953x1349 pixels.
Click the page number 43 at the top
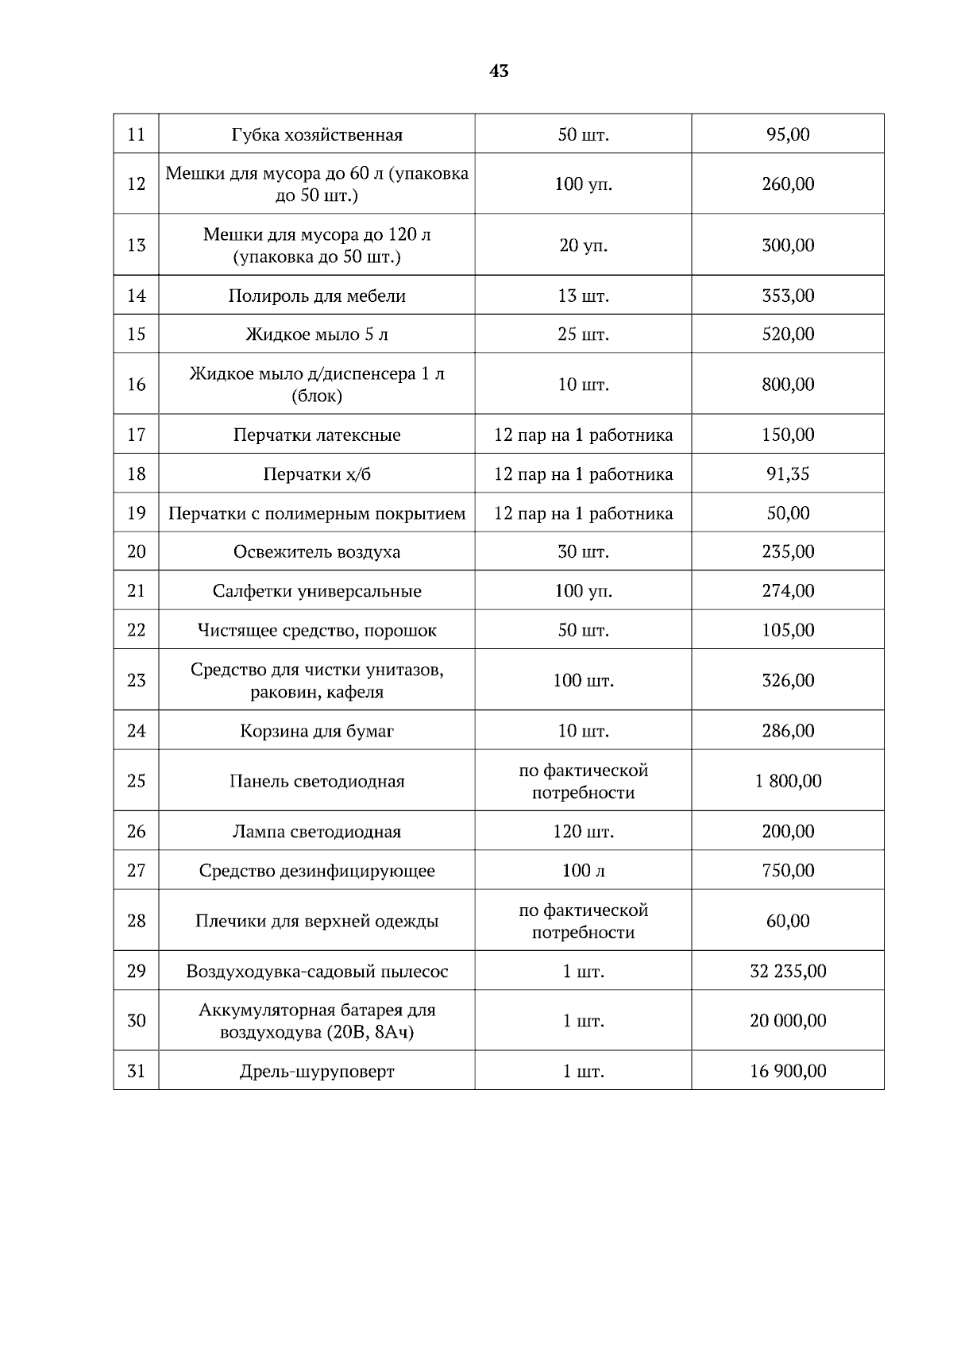[499, 72]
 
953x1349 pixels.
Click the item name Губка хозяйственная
[317, 134]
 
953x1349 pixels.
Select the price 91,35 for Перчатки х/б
[788, 474]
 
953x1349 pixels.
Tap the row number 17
[137, 435]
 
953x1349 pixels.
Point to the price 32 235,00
[788, 971]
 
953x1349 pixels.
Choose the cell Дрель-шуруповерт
[317, 1072]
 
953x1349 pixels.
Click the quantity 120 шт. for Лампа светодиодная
[583, 832]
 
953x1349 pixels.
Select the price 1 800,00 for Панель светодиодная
[788, 781]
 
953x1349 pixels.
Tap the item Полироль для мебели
[317, 296]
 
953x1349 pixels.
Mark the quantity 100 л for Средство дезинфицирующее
[583, 871]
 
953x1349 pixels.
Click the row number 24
[137, 731]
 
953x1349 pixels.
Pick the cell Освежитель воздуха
[317, 552]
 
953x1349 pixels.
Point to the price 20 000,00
[788, 1021]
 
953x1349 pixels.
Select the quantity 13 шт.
[583, 296]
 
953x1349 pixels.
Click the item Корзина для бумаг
[317, 731]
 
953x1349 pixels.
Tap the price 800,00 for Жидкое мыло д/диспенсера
[788, 385]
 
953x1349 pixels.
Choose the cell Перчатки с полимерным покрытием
[317, 513]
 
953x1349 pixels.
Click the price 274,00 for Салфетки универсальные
[788, 591]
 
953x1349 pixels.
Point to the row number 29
[137, 971]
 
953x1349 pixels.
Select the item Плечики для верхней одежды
[317, 922]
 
